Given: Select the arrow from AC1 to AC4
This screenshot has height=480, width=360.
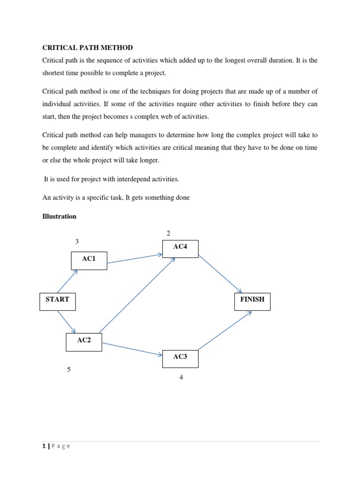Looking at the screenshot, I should [135, 259].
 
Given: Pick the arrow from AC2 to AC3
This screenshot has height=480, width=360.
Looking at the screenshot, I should [132, 349].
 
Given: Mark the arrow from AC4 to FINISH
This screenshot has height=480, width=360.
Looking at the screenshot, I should [220, 274].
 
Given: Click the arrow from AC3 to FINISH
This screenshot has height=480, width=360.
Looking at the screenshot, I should [225, 330].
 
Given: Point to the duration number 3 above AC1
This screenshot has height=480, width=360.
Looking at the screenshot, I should [77, 241].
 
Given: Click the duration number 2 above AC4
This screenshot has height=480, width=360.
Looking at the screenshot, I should [168, 233].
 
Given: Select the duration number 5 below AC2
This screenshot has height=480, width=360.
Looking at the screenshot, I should [69, 369].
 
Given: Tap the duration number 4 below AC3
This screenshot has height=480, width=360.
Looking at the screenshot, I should [181, 377].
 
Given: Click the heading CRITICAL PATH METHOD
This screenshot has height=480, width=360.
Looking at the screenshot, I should [88, 47].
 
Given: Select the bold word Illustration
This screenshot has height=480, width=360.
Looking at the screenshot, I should [59, 216].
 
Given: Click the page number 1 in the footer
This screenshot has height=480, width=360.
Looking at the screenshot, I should [44, 446].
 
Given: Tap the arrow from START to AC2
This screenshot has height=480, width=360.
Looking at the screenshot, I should [67, 322].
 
